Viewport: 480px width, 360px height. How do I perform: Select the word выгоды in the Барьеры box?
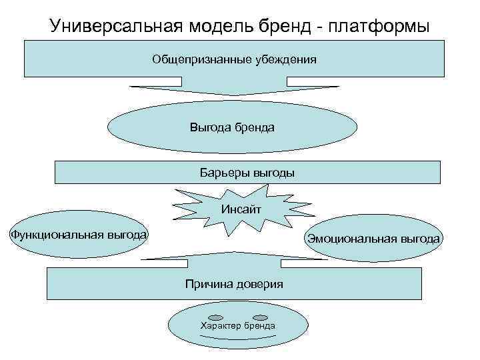[x=274, y=173]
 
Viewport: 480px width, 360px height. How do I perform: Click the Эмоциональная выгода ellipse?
[x=373, y=239]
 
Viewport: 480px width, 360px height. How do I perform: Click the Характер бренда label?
[x=237, y=326]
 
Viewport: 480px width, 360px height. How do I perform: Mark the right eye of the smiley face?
[x=260, y=317]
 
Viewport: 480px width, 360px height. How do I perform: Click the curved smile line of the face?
[x=237, y=340]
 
